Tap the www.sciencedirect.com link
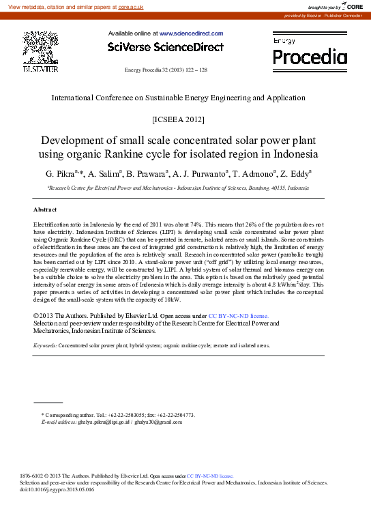point(191,33)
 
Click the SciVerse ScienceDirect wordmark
point(165,47)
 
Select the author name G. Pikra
point(60,174)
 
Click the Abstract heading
point(45,209)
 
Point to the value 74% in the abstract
point(184,224)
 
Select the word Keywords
point(45,346)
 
